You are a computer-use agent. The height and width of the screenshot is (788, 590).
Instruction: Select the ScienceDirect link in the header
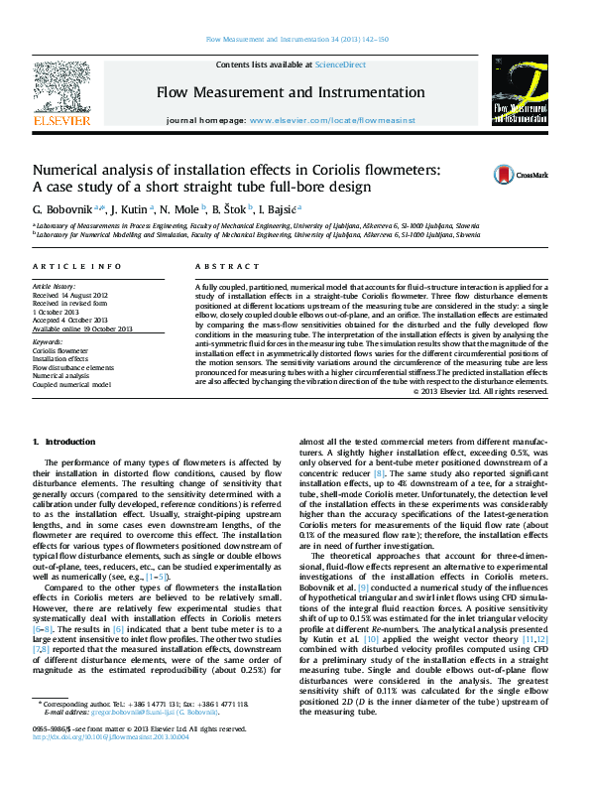pos(340,65)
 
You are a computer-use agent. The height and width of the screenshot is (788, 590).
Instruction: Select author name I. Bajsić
pos(282,210)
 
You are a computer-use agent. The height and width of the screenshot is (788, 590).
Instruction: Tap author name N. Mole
pos(179,210)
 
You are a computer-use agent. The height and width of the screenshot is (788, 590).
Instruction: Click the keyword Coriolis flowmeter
pos(59,351)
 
